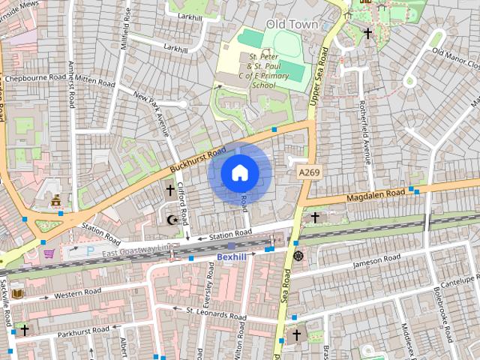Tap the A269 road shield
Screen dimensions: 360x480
click(310, 172)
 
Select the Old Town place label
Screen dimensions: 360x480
click(292, 25)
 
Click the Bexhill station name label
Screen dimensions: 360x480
click(231, 257)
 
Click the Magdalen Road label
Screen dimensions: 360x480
click(375, 195)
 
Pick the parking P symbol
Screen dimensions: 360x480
click(91, 250)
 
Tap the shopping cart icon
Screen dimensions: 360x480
click(49, 253)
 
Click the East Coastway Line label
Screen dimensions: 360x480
click(139, 248)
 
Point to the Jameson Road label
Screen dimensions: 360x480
click(379, 262)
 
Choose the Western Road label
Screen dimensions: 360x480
click(77, 292)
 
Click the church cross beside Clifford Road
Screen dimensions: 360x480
click(170, 191)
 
